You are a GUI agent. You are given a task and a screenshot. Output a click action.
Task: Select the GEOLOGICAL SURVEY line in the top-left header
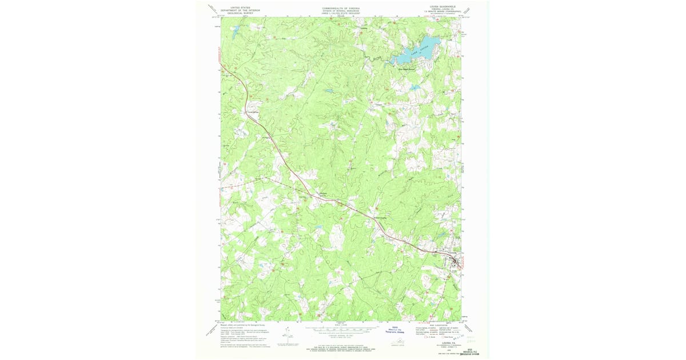point(240,13)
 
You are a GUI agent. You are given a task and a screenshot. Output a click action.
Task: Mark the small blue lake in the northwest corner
point(235,34)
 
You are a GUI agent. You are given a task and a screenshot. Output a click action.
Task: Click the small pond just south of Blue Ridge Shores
point(415,87)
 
